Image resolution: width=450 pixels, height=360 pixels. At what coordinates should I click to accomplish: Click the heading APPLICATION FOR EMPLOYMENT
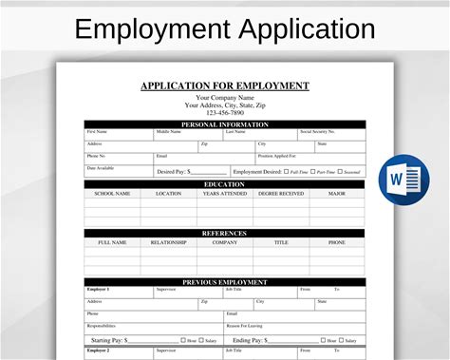pyautogui.click(x=225, y=85)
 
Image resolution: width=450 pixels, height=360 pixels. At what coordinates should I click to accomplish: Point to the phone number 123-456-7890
pyautogui.click(x=225, y=112)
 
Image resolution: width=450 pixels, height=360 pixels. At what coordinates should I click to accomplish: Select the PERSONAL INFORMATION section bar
pyautogui.click(x=225, y=124)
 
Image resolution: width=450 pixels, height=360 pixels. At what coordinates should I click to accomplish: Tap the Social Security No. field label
pyautogui.click(x=318, y=132)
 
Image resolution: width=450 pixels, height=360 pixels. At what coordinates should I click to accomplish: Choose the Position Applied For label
pyautogui.click(x=277, y=155)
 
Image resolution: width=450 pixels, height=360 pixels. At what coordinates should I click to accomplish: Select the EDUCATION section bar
pyautogui.click(x=225, y=184)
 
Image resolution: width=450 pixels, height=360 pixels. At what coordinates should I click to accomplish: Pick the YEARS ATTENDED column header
pyautogui.click(x=225, y=194)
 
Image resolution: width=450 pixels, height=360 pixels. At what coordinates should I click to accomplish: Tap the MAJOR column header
pyautogui.click(x=336, y=194)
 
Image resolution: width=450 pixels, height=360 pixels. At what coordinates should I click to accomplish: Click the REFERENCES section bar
pyautogui.click(x=225, y=233)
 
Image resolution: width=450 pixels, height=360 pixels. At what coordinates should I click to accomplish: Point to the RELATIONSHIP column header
pyautogui.click(x=168, y=242)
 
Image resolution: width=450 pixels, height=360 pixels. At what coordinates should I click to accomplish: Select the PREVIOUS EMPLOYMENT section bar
pyautogui.click(x=225, y=281)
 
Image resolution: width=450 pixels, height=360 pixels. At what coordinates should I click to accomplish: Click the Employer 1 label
pyautogui.click(x=98, y=289)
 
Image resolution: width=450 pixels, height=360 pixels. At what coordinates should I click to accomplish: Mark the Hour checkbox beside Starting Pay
pyautogui.click(x=183, y=339)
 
